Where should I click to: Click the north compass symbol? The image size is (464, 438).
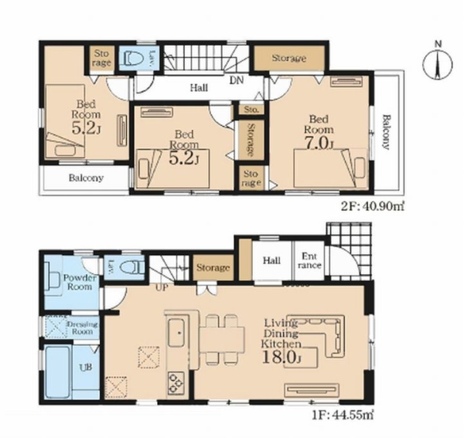coord(438,64)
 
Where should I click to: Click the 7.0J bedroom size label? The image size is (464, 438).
coord(319,144)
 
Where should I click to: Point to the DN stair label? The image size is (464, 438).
coord(237,80)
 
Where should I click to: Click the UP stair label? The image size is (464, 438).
coord(162,287)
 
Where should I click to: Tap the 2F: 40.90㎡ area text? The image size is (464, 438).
coord(373,206)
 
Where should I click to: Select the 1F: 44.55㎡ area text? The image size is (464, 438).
coord(343,415)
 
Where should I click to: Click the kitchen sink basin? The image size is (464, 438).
coord(176,334)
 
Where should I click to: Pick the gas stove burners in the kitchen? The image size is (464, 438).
coord(176,382)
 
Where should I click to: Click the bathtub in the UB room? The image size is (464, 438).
coord(58,372)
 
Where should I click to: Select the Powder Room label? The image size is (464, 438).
coord(80,282)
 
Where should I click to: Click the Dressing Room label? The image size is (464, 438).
coord(83,328)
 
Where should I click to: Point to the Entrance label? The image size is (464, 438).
coord(309,260)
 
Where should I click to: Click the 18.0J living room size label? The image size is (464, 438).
coord(281,358)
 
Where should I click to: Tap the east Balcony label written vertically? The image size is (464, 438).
coord(386,132)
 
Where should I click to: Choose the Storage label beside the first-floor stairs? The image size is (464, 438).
coord(213,268)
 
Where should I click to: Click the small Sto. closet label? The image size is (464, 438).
coord(251,110)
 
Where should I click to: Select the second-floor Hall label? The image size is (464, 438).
coord(199,87)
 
